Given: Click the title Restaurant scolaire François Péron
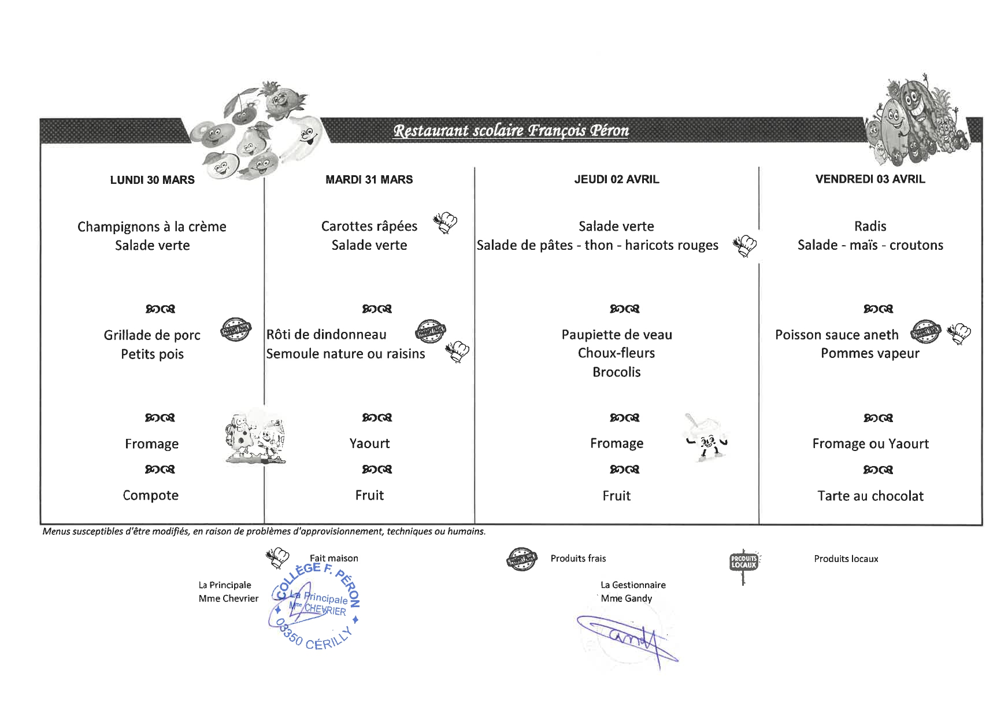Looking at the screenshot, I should point(511,131).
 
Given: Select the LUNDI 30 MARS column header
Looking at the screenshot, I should point(152,180).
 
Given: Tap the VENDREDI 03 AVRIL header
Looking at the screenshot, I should point(870,179).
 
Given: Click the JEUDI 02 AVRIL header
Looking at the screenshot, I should point(616,179).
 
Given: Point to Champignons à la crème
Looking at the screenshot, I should point(151,227).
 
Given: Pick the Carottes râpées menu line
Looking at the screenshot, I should point(369,226).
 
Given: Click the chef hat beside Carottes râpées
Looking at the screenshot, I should point(445,223).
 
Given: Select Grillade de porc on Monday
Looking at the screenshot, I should point(152,335).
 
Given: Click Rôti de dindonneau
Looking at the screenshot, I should point(326,335).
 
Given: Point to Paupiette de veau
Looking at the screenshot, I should point(616,335).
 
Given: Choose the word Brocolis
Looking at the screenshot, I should point(616,372).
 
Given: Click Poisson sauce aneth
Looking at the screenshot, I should point(836,335).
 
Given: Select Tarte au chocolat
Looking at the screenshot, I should point(870,496).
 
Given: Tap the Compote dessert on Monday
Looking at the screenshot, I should point(150,496).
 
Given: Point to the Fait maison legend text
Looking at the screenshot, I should point(333,559).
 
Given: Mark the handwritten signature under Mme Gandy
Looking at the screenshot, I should point(627,639).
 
